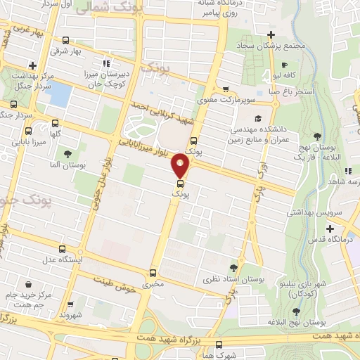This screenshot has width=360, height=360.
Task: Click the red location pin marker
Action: pyautogui.click(x=181, y=167)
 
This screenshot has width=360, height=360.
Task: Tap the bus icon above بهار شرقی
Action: pyautogui.click(x=66, y=40)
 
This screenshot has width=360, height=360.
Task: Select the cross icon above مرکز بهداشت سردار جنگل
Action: pyautogui.click(x=32, y=65)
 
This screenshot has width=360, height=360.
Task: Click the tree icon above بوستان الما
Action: pyautogui.click(x=67, y=153)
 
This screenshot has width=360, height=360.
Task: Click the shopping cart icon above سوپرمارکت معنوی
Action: pyautogui.click(x=225, y=89)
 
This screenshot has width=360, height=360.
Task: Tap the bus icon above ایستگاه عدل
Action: pyautogui.click(x=62, y=249)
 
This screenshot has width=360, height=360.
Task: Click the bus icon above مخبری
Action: pyautogui.click(x=153, y=274)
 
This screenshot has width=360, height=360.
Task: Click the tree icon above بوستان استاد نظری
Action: pyautogui.click(x=233, y=268)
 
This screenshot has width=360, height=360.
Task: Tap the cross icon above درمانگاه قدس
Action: pyautogui.click(x=330, y=229)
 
